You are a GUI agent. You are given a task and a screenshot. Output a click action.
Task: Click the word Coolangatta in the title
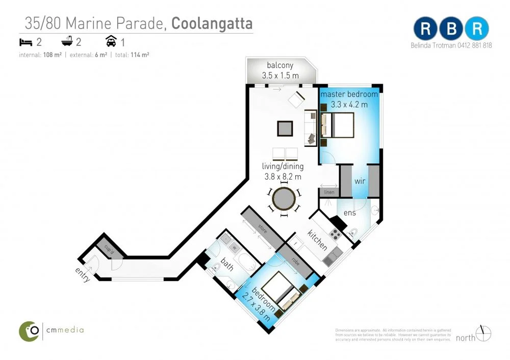click(x=212, y=23)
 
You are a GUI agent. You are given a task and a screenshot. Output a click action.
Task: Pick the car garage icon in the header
click(x=111, y=42)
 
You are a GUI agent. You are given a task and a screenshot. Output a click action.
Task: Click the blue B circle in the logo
click(x=450, y=29)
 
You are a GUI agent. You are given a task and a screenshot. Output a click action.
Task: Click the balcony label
click(x=280, y=65)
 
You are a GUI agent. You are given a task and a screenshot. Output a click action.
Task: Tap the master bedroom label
click(x=349, y=94)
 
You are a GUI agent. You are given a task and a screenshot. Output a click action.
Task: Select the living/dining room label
click(x=283, y=166)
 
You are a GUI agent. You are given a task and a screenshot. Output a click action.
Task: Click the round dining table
click(x=284, y=198)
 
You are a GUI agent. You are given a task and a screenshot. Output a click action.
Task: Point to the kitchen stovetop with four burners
click(x=335, y=234)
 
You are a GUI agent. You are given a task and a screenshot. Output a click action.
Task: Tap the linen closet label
click(x=328, y=192)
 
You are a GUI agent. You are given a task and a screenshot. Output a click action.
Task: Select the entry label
click(x=83, y=275)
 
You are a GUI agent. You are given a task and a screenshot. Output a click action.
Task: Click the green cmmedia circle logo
click(x=30, y=331)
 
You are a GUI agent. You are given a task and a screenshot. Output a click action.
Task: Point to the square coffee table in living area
click(x=285, y=128)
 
